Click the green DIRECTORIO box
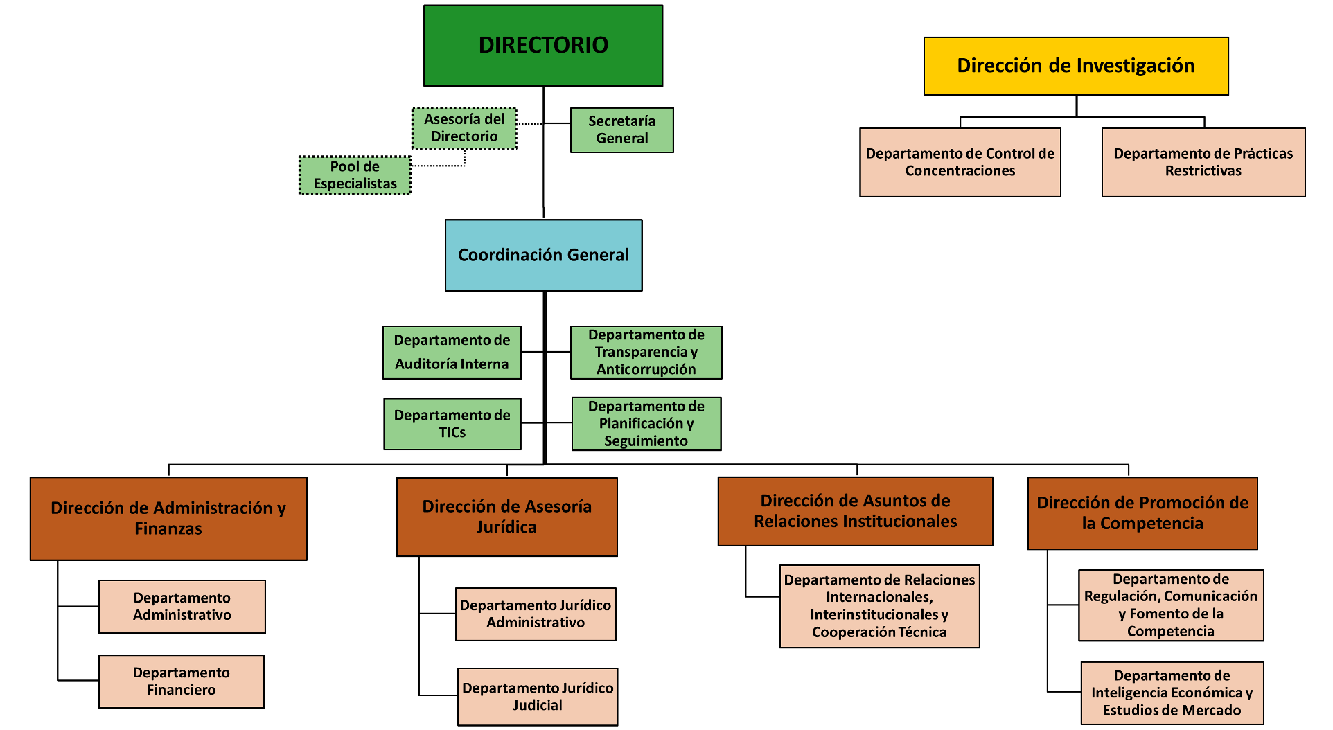tap(542, 46)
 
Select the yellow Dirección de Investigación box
tap(1075, 66)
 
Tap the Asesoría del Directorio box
tap(464, 128)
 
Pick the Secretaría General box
tap(621, 130)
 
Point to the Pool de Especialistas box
tap(355, 175)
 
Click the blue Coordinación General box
tap(543, 255)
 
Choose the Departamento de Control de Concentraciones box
tap(960, 162)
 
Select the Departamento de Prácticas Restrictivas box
tap(1203, 162)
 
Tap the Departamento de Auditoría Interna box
tap(452, 352)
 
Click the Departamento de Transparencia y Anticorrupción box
tap(646, 352)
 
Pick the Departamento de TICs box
tap(452, 423)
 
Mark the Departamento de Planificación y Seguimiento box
tap(646, 423)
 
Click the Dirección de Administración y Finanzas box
tap(168, 518)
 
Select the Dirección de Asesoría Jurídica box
tap(506, 517)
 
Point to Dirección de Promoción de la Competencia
tap(1142, 513)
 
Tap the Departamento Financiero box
tap(181, 682)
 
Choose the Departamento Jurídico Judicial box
tap(537, 696)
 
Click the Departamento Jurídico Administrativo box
tap(535, 614)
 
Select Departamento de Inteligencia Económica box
tap(1172, 693)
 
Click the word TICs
tap(452, 433)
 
